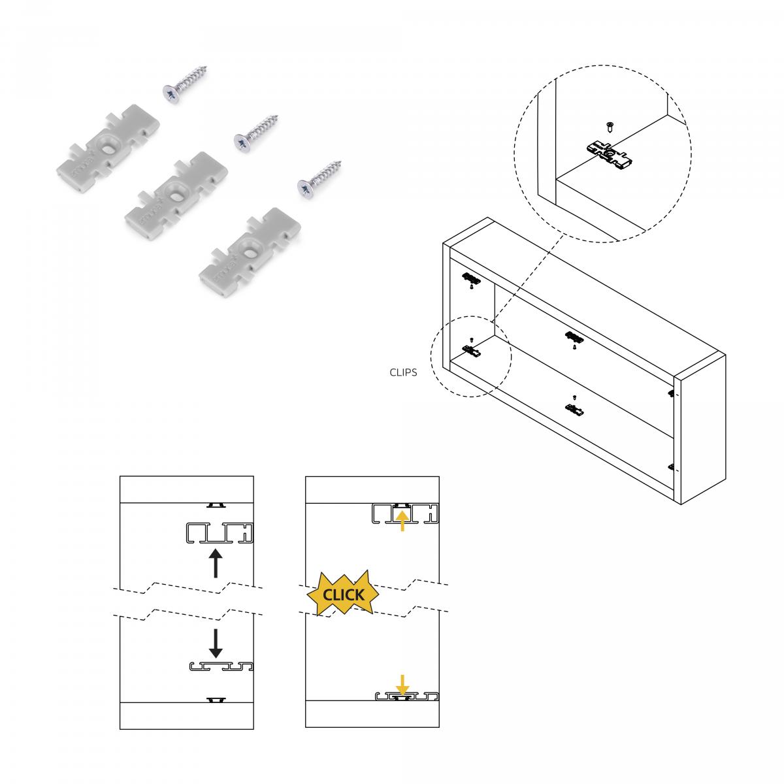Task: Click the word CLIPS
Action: click(403, 374)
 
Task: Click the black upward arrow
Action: click(216, 563)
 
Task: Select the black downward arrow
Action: click(216, 643)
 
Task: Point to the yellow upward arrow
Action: click(402, 520)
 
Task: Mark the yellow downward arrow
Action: click(402, 685)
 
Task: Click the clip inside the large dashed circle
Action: click(610, 154)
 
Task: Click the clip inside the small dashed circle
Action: click(472, 351)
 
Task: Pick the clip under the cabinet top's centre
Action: click(574, 337)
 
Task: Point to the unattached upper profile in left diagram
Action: click(219, 533)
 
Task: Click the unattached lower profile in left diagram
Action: click(220, 667)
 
